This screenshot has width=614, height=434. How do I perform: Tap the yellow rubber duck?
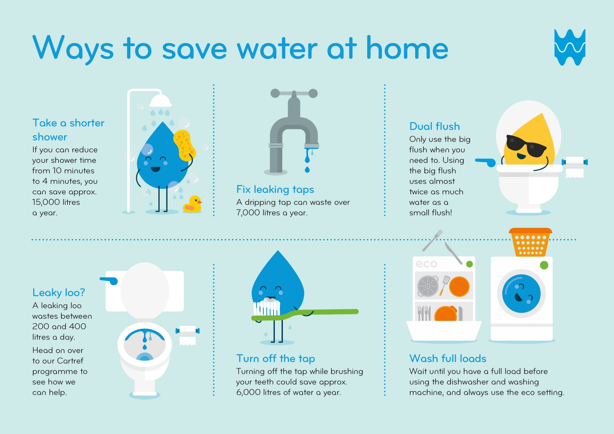192,204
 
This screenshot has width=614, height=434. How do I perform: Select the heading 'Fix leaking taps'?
275,189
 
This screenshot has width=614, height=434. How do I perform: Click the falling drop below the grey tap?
307,169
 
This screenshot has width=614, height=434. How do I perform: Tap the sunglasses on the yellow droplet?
526,146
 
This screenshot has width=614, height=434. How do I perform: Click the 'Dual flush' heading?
435,126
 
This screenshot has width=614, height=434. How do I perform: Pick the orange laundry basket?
530,242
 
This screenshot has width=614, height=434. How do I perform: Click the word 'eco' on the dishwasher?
426,264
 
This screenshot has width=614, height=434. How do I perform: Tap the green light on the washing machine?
544,265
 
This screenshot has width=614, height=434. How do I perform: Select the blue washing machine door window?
521,293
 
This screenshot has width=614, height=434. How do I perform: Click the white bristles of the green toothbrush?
267,308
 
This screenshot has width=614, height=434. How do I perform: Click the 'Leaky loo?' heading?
59,293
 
